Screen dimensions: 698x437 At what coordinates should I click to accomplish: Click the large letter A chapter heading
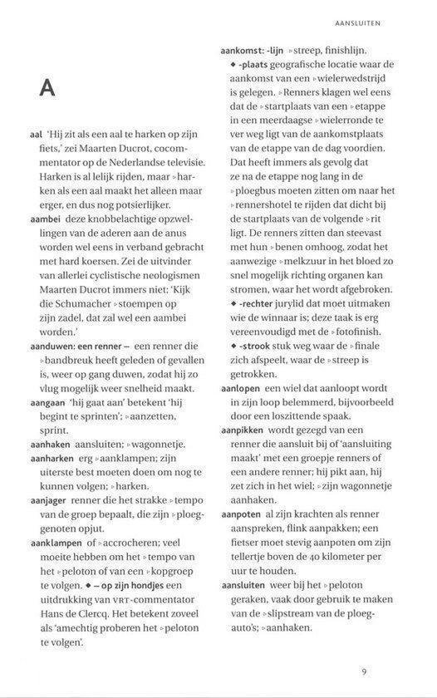(47, 89)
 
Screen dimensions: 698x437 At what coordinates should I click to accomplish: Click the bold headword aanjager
(49, 490)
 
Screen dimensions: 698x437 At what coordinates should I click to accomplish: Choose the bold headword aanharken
(52, 459)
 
